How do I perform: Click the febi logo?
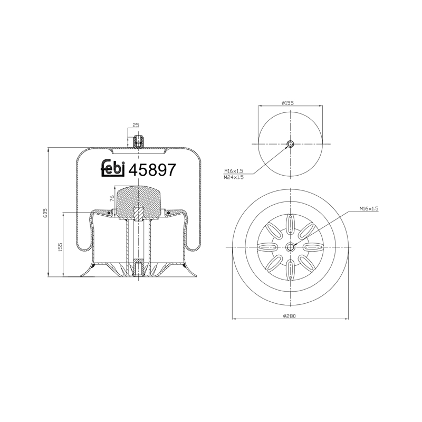coord(113,168)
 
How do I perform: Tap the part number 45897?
coord(152,170)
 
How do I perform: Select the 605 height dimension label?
coord(45,213)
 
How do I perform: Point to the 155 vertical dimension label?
coord(60,247)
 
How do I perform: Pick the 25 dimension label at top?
coord(136,125)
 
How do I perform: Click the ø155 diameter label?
coord(287,103)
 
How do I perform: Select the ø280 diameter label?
coord(290,316)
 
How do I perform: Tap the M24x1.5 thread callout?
coord(234,177)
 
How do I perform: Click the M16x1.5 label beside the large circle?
coord(369,208)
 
